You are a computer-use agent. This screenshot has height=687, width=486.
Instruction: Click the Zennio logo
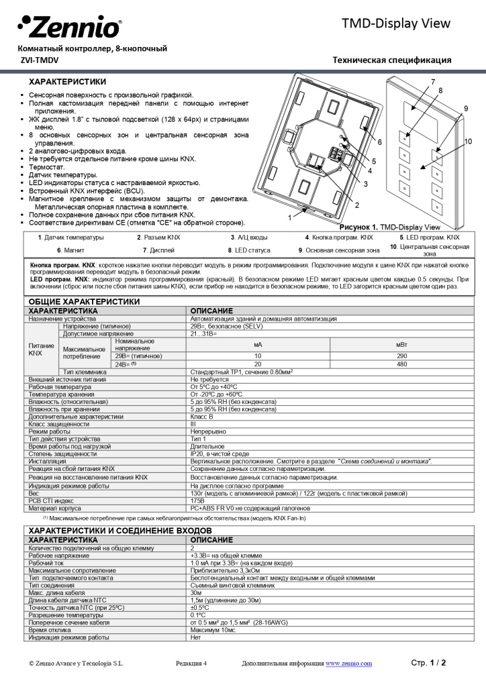(x=70, y=28)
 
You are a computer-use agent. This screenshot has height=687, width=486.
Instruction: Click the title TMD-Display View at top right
(x=395, y=23)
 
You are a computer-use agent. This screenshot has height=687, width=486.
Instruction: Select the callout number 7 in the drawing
(x=433, y=81)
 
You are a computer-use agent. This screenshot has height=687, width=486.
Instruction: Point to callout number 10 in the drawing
(x=468, y=141)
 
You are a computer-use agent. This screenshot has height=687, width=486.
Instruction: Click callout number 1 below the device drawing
(x=289, y=217)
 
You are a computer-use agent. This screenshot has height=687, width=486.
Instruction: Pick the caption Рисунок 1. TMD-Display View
(x=389, y=227)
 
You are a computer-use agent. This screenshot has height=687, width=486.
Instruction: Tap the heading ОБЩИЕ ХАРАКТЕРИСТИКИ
(x=84, y=302)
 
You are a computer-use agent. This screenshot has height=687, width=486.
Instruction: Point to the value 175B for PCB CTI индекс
(x=197, y=500)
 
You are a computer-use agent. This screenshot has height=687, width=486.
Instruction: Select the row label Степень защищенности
(x=58, y=454)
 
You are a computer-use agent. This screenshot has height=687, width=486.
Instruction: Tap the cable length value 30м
(x=196, y=593)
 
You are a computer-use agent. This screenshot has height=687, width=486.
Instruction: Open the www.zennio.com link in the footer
(x=348, y=664)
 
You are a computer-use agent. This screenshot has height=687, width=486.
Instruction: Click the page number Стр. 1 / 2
(x=428, y=663)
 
